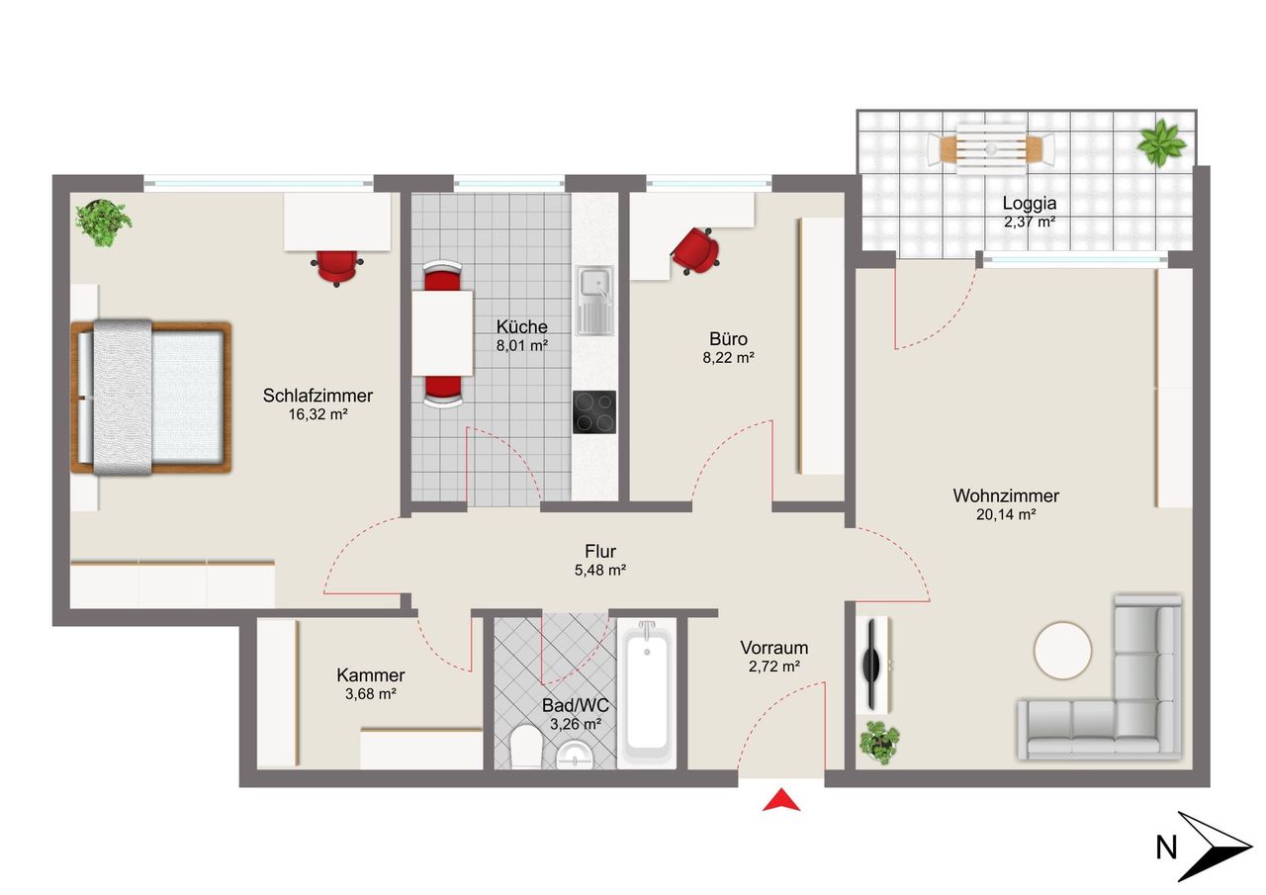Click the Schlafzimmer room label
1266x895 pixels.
tap(317, 396)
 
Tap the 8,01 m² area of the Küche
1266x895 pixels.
tap(521, 345)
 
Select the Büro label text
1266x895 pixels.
tap(729, 339)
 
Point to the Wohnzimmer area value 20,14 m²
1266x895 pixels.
tap(1006, 514)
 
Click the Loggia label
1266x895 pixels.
tap(1030, 204)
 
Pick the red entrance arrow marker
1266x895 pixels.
tap(781, 799)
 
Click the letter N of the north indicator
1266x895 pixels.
tap(1166, 848)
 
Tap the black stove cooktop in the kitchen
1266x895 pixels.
tap(594, 412)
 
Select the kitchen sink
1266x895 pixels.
tap(594, 302)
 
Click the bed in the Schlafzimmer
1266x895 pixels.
tap(151, 397)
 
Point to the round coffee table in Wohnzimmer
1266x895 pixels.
tap(1062, 651)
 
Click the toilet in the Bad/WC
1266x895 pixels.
tap(525, 747)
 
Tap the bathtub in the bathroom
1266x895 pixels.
tap(647, 693)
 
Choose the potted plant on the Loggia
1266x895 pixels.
tap(1161, 142)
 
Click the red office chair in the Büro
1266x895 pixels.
tap(695, 250)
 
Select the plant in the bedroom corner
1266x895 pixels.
tap(104, 223)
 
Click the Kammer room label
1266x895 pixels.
tap(370, 675)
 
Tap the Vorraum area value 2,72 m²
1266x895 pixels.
tap(773, 667)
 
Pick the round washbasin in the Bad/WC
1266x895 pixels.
tap(575, 756)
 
